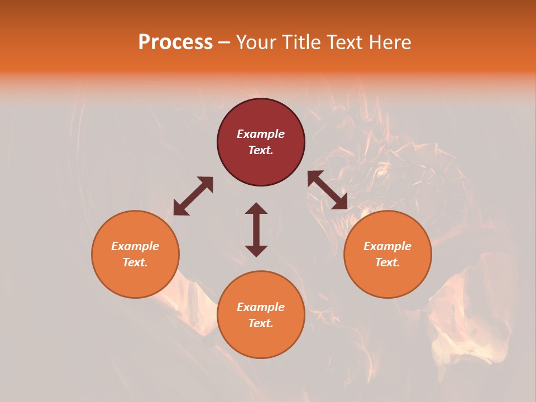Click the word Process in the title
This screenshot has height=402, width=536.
175,42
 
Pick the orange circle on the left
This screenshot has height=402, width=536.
135,279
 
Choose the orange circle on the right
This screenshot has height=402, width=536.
387,279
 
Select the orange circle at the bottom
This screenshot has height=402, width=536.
261,341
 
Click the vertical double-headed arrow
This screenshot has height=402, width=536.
256,229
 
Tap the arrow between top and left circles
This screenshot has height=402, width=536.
193,196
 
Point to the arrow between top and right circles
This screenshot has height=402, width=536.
328,190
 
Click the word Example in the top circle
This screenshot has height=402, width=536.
261,134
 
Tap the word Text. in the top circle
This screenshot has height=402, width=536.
261,150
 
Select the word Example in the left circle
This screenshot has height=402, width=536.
135,246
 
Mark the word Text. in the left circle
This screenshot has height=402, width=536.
135,262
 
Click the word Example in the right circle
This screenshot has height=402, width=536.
387,246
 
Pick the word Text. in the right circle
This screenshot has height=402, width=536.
387,262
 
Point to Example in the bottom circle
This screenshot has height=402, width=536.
261,307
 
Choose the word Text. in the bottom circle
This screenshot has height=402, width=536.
261,323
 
